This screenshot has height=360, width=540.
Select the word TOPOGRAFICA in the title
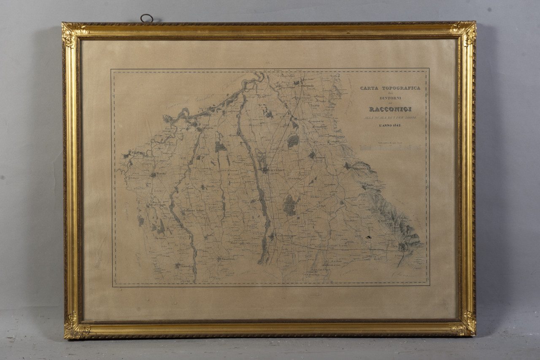[401, 88]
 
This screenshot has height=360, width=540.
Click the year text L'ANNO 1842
[390, 126]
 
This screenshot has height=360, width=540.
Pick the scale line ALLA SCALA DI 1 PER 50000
[390, 118]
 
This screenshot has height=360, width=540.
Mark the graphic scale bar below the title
[390, 147]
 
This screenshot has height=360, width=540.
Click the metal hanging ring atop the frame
[146, 18]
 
